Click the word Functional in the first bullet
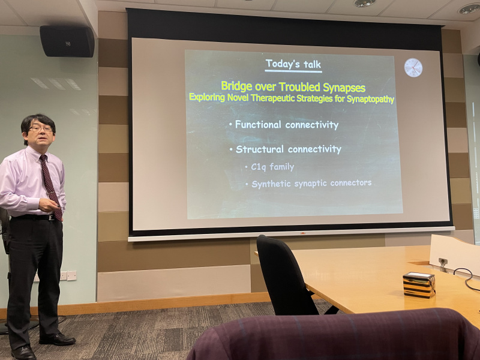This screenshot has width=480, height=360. coord(258,124)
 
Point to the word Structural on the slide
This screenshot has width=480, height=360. coord(260,149)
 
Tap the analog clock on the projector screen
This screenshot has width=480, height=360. coord(413,67)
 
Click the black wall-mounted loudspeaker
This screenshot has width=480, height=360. coord(67,41)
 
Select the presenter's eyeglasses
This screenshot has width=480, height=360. coord(41,129)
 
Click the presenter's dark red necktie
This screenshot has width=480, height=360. coord(50,186)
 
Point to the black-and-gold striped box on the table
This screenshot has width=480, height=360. coord(419,285)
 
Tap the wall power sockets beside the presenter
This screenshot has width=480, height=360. coord(67,275)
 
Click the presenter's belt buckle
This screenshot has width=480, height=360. coord(52,218)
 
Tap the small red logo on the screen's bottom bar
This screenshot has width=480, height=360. coord(302,233)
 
